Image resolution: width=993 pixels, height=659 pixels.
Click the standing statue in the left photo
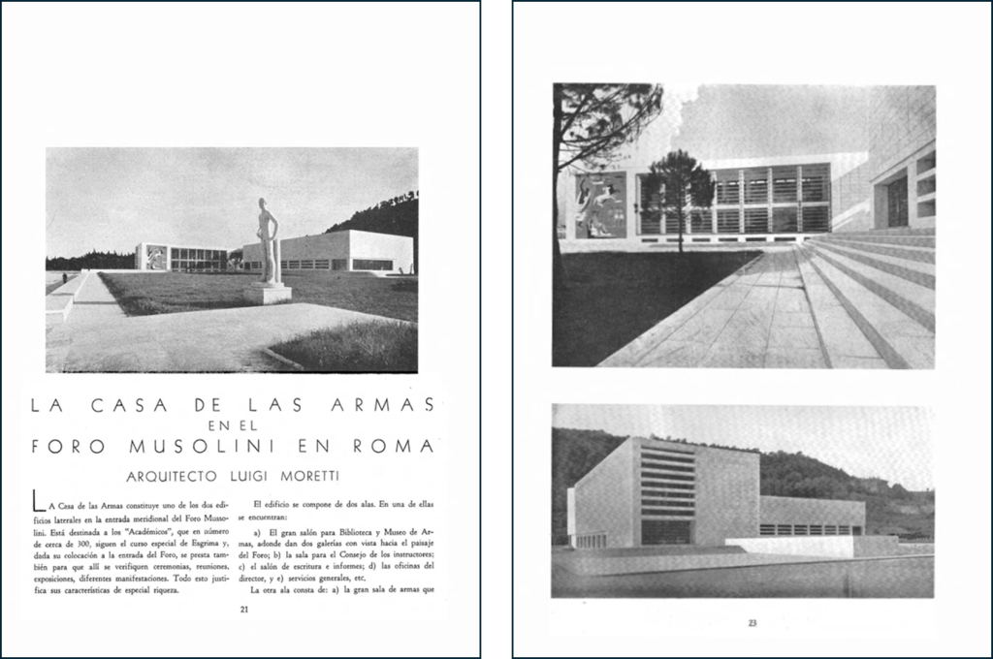click(267, 242)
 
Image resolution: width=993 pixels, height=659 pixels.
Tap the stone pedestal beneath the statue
click(267, 294)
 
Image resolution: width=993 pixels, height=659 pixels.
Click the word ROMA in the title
click(393, 447)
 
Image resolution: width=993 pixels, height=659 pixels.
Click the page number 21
click(245, 610)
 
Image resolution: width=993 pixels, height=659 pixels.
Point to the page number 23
click(752, 623)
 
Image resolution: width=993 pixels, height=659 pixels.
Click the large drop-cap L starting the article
click(38, 502)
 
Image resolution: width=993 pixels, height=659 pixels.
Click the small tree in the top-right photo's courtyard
click(676, 189)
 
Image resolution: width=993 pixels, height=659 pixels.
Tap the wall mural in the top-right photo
click(602, 204)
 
